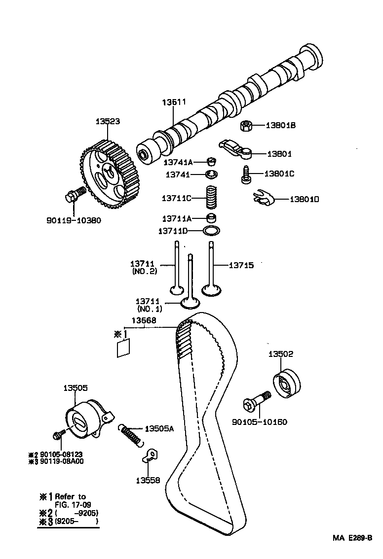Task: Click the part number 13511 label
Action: [174, 102]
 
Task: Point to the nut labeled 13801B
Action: [247, 126]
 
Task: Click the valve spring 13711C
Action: [212, 198]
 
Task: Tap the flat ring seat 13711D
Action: [212, 230]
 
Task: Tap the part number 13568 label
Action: [144, 320]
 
